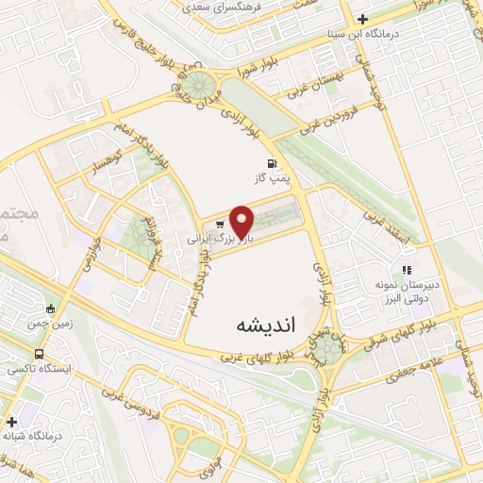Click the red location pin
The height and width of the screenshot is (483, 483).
[x=243, y=221]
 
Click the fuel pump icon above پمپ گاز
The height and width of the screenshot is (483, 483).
[x=273, y=161]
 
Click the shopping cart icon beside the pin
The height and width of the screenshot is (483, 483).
[x=220, y=225]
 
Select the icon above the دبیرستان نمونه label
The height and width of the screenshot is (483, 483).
[x=408, y=270]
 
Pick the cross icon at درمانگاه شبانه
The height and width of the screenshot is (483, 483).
[x=11, y=422]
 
